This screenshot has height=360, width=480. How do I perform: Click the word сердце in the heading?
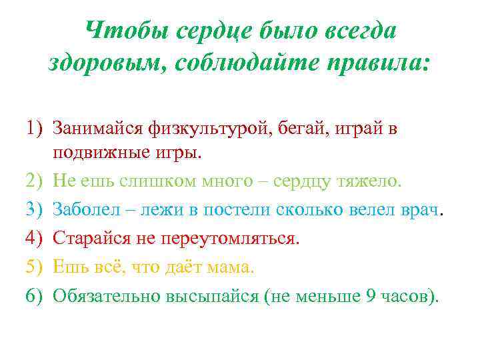(x=205, y=30)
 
